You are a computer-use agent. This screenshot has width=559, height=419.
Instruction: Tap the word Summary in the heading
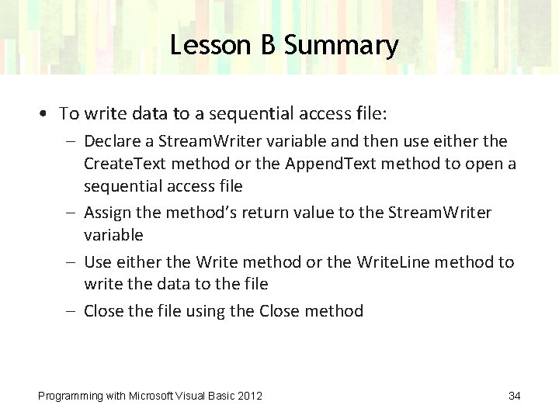341,45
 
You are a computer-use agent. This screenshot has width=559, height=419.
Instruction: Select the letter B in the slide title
267,45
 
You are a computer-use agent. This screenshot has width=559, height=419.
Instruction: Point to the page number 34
514,396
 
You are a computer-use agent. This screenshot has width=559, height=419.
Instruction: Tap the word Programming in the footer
71,396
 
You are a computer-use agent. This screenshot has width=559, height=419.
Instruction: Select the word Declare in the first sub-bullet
109,141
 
